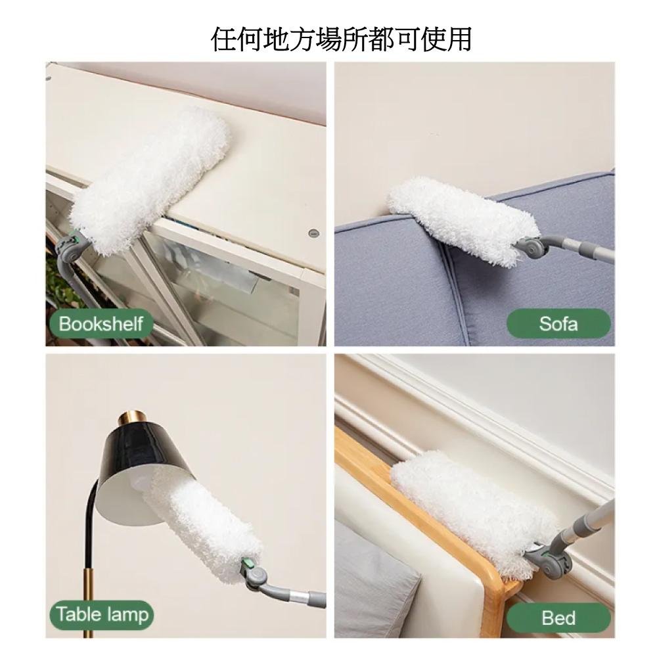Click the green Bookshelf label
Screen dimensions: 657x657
[x=101, y=323]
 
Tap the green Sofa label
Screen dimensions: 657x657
[x=558, y=323]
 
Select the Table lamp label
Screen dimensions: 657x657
[x=102, y=615]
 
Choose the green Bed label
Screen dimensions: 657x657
[x=558, y=618]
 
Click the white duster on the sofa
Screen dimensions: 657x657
[x=461, y=220]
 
